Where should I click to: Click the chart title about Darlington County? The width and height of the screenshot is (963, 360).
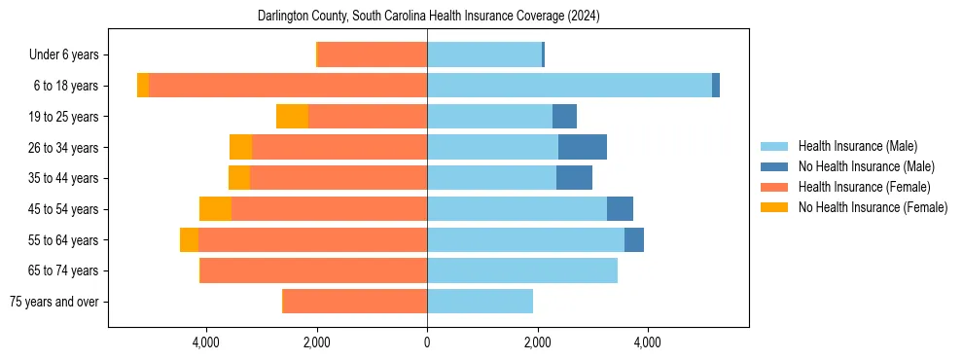428,17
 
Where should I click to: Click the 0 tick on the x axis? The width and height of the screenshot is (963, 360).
427,342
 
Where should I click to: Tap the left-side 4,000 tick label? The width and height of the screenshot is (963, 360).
206,342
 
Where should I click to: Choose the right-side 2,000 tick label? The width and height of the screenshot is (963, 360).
537,342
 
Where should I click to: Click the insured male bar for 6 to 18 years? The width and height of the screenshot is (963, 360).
569,86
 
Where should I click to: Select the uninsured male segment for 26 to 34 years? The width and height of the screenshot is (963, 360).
583,148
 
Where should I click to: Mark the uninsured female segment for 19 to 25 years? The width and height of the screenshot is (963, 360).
292,117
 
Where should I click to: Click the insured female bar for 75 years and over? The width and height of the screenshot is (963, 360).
355,302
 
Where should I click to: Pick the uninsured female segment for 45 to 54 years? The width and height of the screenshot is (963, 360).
215,209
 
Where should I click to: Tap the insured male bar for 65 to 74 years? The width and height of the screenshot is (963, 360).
522,270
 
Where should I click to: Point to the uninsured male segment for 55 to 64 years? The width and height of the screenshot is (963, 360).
634,240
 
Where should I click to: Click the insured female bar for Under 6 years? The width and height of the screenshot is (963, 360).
373,55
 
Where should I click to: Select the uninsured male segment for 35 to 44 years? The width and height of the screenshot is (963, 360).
574,178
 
